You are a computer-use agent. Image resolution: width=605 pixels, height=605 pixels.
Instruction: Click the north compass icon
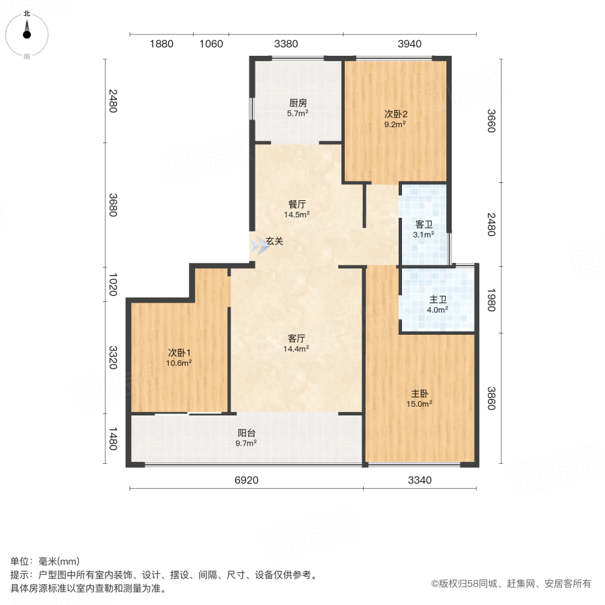[x=27, y=31]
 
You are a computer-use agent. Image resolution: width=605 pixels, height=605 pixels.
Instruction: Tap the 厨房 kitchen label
[x=298, y=103]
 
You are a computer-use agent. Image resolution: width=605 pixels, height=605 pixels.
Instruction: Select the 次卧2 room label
[x=395, y=114]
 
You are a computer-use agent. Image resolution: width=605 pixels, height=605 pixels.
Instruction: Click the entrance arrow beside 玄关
[x=259, y=245]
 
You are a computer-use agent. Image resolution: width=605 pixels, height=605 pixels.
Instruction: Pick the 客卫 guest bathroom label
[x=424, y=224]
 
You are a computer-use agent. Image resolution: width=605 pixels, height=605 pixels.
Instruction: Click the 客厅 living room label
[x=298, y=338]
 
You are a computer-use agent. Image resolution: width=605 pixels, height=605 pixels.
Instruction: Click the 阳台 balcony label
[x=246, y=434]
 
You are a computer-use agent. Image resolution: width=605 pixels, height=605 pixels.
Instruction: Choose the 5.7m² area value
[x=298, y=114]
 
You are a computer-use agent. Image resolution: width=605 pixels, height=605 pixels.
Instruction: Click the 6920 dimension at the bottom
[x=246, y=480]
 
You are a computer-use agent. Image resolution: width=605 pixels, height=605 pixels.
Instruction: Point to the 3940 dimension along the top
[x=409, y=44]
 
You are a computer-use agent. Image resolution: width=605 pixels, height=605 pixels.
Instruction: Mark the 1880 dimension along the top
[x=161, y=44]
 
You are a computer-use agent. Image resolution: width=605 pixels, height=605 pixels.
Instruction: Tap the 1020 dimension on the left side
[x=113, y=284]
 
